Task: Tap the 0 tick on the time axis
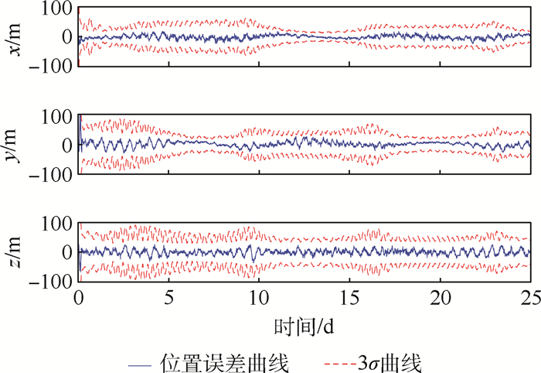[x=79, y=299]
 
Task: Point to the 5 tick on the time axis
[x=168, y=299]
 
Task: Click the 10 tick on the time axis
[x=259, y=299]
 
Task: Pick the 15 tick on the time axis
[x=349, y=299]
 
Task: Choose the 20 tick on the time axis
[x=439, y=299]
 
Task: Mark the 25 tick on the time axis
[x=529, y=299]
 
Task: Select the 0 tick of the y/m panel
[x=68, y=145]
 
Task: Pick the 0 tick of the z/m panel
[x=68, y=252]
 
